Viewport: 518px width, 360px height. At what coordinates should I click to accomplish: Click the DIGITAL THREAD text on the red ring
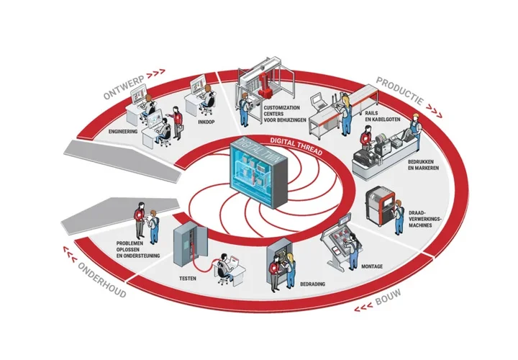296,140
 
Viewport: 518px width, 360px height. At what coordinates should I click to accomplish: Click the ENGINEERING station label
123,133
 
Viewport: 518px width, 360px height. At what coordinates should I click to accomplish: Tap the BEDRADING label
310,284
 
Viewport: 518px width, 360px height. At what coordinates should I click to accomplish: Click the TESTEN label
188,277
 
